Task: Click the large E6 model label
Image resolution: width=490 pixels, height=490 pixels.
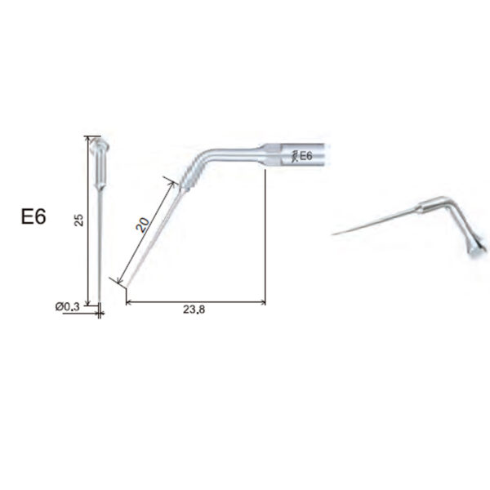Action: (33, 217)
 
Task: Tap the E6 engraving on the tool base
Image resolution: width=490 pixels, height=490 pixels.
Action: (305, 156)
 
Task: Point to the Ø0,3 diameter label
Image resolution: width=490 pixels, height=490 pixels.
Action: (68, 306)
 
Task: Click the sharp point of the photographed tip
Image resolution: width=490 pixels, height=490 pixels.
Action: (333, 235)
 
